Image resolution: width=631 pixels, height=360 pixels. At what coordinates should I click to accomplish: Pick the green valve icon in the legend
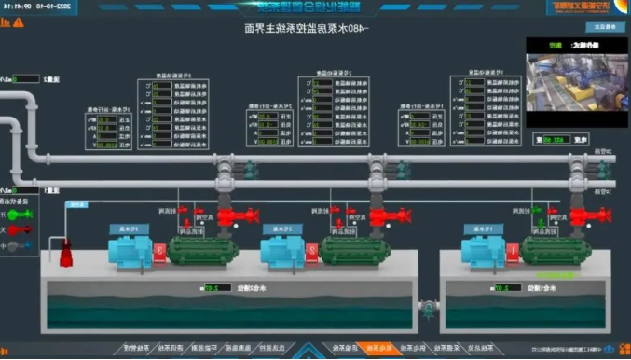click(x=20, y=214)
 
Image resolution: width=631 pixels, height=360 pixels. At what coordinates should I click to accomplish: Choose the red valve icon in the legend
click(x=20, y=230)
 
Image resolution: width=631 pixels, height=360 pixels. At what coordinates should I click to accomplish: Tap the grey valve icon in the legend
click(x=20, y=247)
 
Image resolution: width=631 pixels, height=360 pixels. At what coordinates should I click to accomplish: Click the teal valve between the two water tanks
click(x=427, y=305)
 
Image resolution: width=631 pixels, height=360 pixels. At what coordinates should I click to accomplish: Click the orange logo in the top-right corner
click(x=578, y=7)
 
